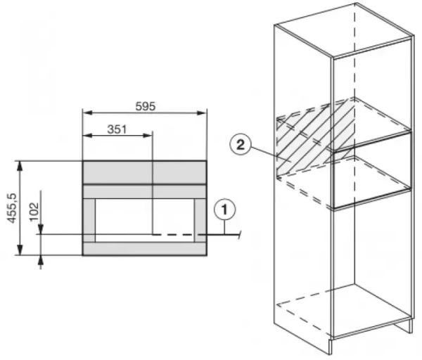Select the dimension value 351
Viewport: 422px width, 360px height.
[117, 129]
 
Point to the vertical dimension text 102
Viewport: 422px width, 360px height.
[33, 211]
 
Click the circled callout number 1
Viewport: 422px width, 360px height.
[224, 209]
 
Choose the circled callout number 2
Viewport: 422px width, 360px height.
[241, 146]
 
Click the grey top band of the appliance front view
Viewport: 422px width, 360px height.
[144, 172]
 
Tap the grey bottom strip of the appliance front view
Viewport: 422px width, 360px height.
[144, 248]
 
